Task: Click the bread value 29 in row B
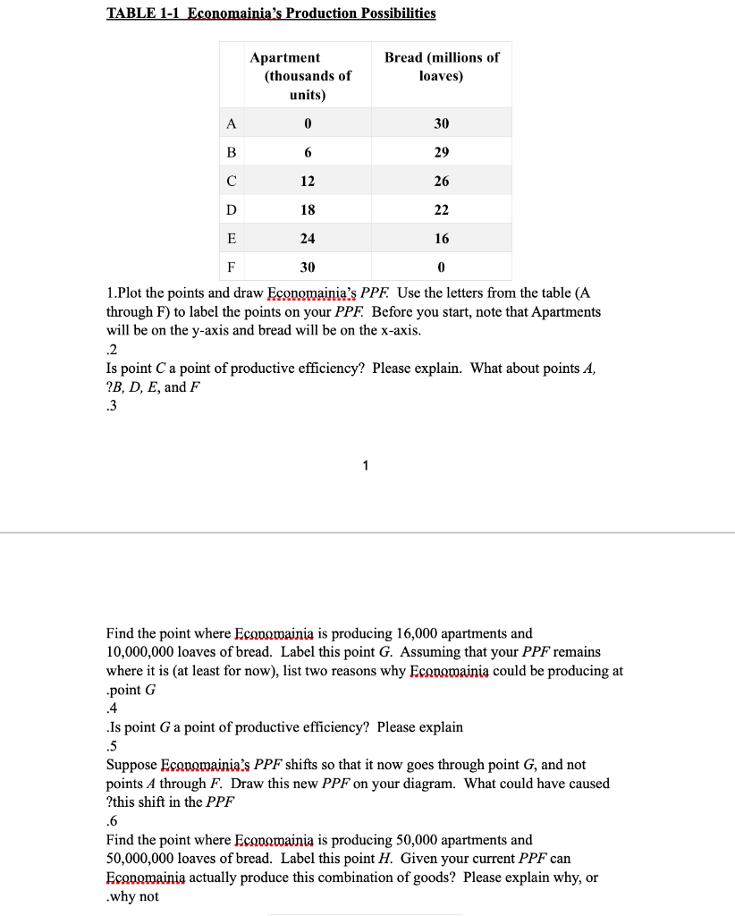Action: click(442, 152)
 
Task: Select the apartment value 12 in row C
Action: click(308, 181)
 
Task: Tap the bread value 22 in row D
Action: click(442, 209)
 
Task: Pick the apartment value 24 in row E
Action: click(308, 238)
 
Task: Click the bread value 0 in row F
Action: click(442, 267)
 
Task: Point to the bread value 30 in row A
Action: click(442, 123)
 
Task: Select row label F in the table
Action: click(232, 267)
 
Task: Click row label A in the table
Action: click(232, 123)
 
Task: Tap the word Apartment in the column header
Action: click(285, 57)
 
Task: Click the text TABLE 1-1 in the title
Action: click(143, 13)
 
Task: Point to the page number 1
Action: click(365, 465)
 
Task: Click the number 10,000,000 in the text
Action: click(141, 652)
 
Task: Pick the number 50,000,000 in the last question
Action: click(141, 859)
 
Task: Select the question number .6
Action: click(112, 821)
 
